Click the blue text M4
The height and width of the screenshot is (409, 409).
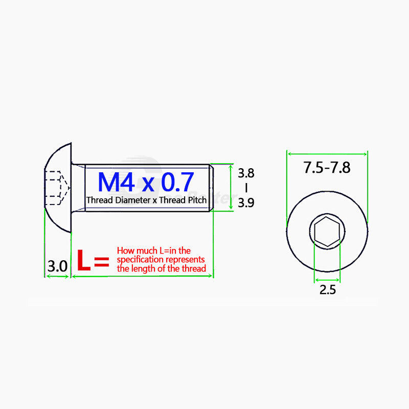click(x=116, y=182)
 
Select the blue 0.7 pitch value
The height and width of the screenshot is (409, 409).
click(x=177, y=182)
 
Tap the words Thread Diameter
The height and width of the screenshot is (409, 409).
click(x=119, y=200)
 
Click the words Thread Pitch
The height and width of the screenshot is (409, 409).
click(x=183, y=200)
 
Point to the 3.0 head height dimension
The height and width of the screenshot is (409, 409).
click(x=57, y=266)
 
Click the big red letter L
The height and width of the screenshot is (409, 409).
click(x=84, y=260)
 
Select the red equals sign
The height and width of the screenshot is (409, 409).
click(x=101, y=262)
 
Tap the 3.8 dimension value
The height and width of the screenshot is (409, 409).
click(x=246, y=173)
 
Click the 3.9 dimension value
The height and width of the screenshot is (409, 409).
click(x=246, y=202)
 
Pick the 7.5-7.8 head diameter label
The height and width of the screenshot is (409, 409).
click(x=327, y=168)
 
